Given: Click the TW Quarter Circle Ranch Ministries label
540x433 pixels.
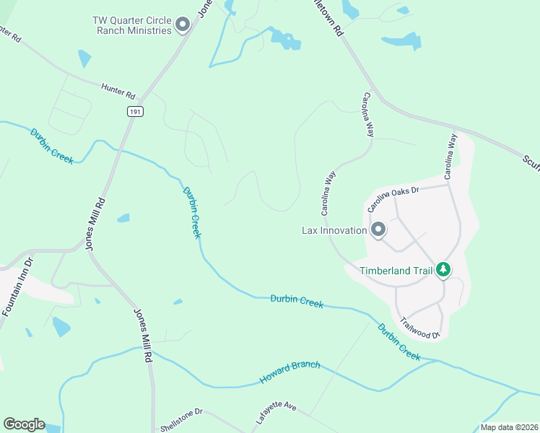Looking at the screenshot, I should click(132, 25).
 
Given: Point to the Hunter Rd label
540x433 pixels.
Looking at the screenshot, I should click(119, 90).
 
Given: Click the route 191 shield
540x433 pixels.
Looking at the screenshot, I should click(135, 111).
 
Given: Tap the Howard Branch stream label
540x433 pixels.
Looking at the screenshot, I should click(289, 371).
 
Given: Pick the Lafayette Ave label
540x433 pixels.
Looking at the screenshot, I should click(276, 416).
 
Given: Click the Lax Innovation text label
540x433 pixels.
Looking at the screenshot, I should click(334, 231).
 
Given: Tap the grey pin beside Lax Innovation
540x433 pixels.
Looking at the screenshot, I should click(378, 230).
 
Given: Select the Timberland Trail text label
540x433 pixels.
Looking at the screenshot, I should click(396, 271).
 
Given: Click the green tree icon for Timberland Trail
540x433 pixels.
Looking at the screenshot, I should click(443, 270).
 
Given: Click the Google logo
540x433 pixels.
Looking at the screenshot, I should click(24, 424).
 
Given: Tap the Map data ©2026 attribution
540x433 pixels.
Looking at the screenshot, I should click(509, 427).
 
